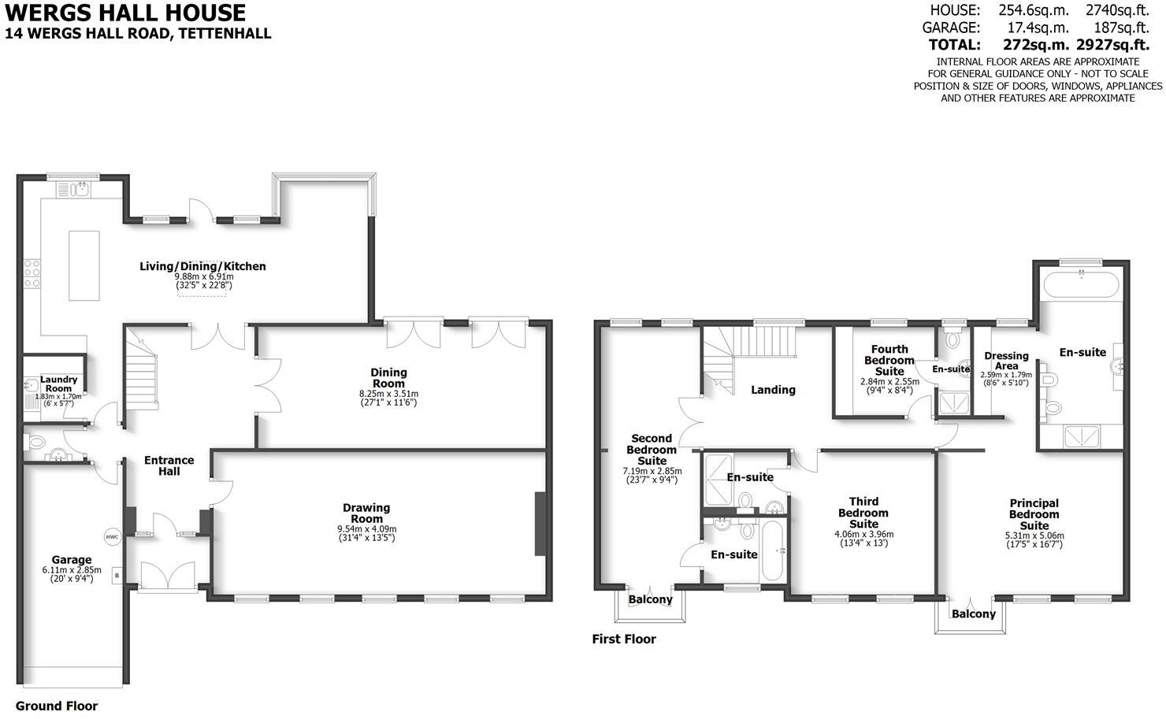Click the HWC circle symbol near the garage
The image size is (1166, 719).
click(112, 537)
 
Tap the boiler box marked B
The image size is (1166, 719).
click(117, 575)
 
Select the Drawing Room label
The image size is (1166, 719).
click(366, 513)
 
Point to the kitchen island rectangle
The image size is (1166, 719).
click(84, 265)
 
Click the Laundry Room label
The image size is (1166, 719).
click(58, 384)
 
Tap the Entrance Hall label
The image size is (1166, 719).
click(169, 465)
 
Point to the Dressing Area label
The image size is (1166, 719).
click(1006, 361)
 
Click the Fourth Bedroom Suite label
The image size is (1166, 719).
click(889, 360)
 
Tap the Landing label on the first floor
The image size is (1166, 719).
click(773, 389)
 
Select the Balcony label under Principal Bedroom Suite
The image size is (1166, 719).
click(973, 613)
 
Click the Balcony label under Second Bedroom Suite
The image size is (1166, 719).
click(651, 599)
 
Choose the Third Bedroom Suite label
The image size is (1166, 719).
click(863, 513)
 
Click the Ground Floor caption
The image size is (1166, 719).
click(57, 706)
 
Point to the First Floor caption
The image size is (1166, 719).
click(624, 639)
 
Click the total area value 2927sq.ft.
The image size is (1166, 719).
click(1118, 45)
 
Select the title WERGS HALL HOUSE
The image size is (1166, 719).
click(125, 13)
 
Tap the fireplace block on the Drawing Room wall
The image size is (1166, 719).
click(540, 524)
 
